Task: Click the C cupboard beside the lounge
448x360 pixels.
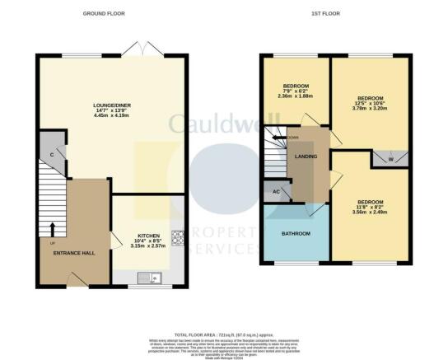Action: pos(51,153)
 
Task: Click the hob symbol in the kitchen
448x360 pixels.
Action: pos(176,237)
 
